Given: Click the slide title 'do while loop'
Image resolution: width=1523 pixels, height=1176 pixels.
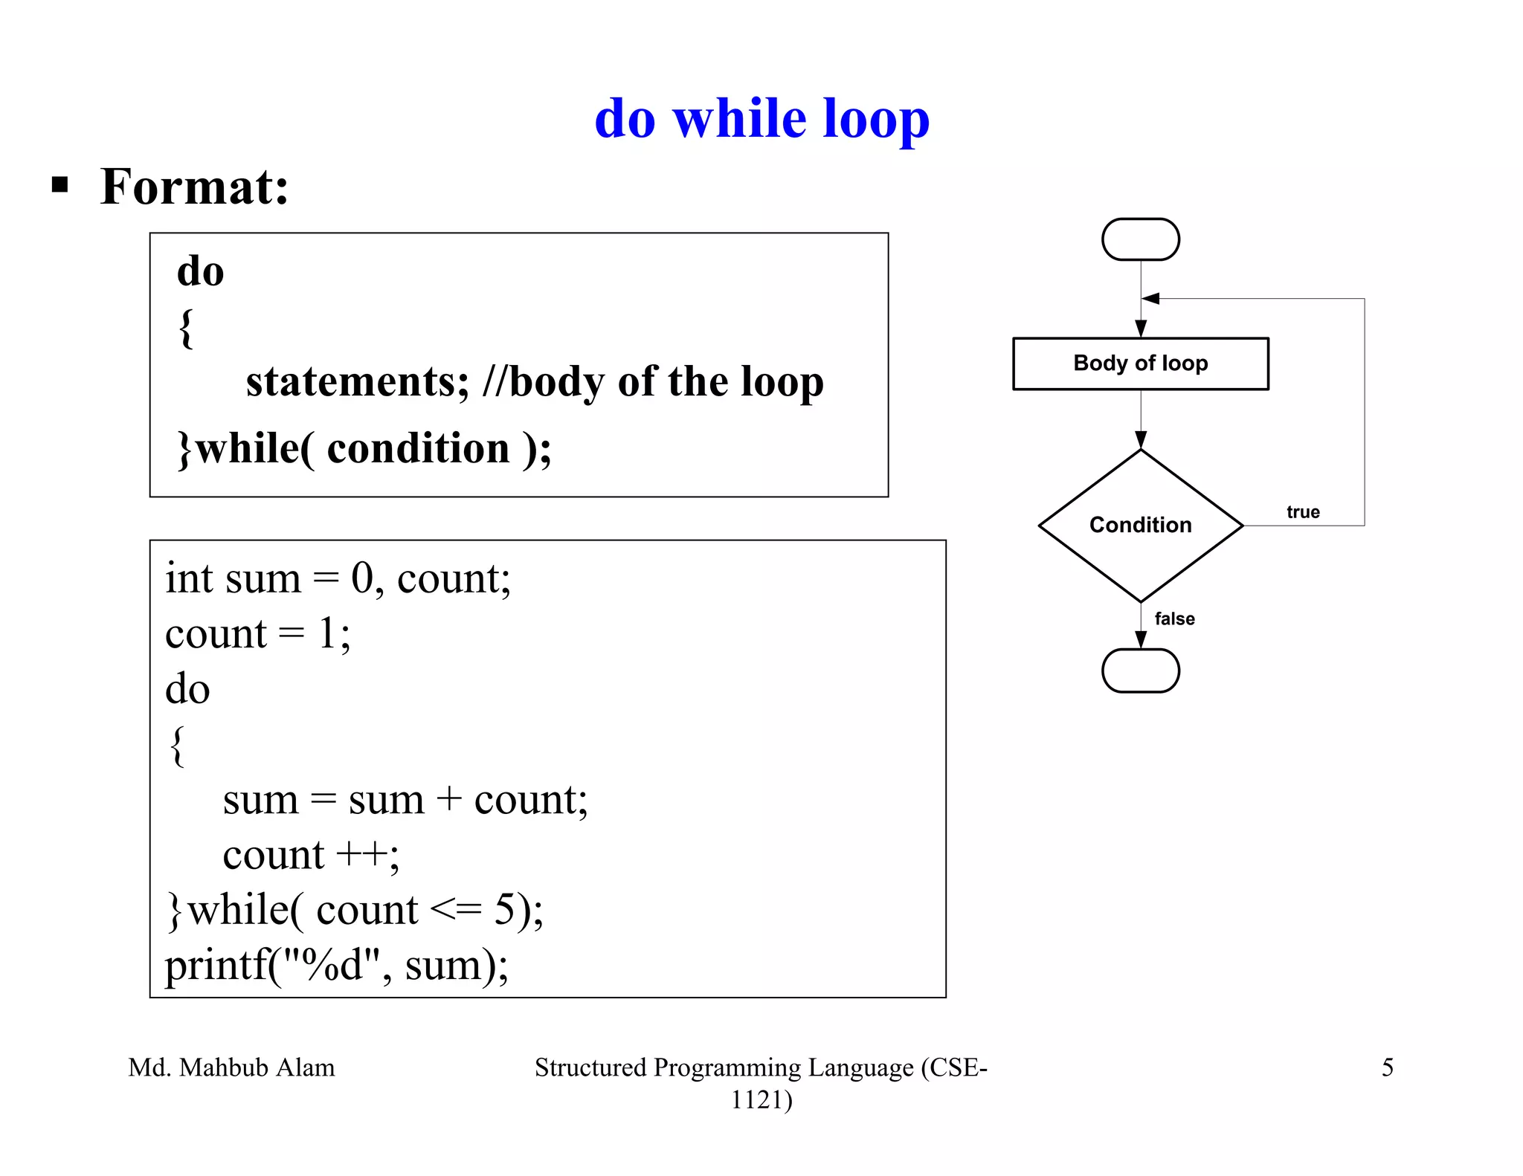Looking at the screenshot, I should point(761,119).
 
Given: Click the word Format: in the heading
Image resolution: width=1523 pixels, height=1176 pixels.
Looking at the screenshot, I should point(195,187).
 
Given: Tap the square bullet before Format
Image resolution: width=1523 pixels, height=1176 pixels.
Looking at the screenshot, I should point(60,184).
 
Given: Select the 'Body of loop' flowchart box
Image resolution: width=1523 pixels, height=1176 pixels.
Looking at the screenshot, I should point(1140,364).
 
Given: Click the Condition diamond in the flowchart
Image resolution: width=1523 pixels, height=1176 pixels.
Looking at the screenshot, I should point(1140,525).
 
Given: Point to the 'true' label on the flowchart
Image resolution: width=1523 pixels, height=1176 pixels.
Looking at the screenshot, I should point(1303,512).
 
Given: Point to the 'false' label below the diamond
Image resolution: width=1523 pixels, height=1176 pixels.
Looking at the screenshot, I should point(1174,618).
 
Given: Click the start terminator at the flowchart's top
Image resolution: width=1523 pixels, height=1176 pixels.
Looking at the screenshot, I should point(1140,239).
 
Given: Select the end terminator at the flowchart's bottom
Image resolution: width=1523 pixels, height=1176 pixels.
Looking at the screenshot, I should point(1140,671).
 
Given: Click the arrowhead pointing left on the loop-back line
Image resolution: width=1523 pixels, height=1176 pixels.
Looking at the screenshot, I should point(1151,299).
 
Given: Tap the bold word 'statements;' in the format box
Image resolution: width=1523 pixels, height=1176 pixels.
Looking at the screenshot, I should point(358,382).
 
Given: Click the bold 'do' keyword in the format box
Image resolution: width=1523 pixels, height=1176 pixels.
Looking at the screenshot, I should point(200,271).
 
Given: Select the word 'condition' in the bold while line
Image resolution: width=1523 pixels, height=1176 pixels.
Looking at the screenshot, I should point(418,448).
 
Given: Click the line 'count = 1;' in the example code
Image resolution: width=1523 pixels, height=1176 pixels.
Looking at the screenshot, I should point(257,634).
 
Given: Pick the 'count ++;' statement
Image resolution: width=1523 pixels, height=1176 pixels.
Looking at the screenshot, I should point(311,855).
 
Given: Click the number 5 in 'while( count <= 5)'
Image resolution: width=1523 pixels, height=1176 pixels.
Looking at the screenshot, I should point(505,910).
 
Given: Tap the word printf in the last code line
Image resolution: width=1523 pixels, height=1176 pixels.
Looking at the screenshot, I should point(216,966).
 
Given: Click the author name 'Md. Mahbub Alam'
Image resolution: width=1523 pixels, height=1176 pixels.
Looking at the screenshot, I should point(231,1067).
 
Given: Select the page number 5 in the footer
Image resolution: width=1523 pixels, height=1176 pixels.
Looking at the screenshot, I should point(1387,1067).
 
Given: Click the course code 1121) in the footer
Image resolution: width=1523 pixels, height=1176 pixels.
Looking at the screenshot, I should point(761,1099).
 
